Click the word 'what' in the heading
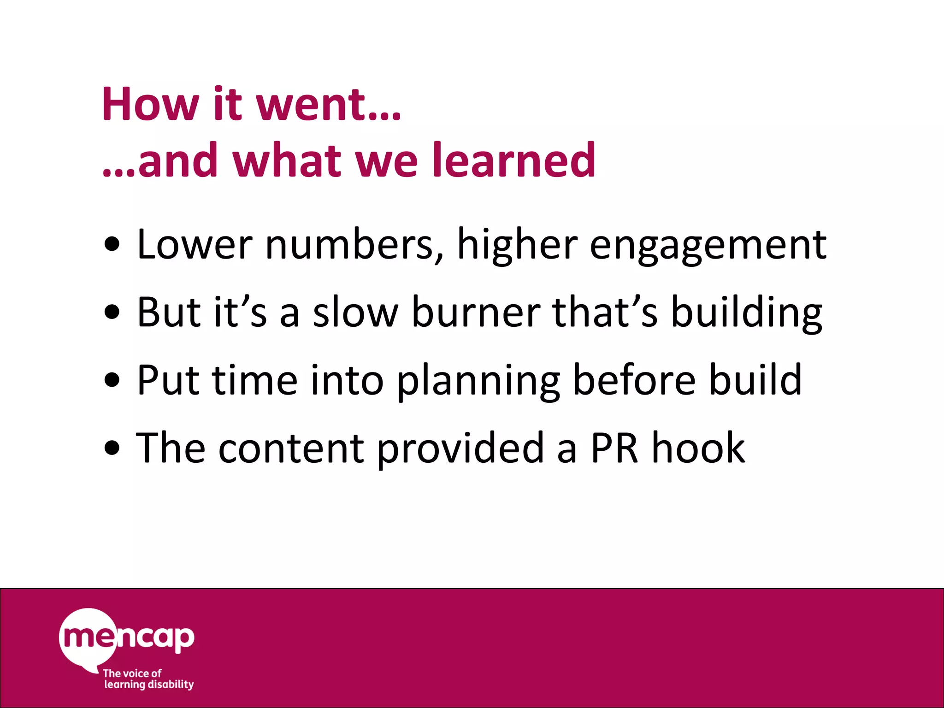287,160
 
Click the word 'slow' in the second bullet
355,312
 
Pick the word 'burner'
476,312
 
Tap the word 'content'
291,448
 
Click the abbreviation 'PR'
614,448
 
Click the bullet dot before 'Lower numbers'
112,245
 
